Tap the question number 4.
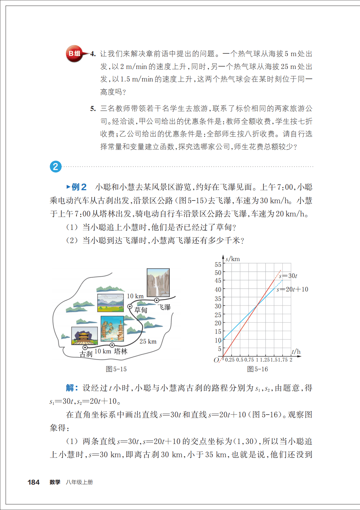coord(93,54)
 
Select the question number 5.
coord(93,109)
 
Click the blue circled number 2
coord(56,166)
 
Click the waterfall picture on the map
coord(158,282)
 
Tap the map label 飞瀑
coord(165,307)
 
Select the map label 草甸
coord(141,310)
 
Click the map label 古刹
coord(86,354)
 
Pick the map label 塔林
coord(121,351)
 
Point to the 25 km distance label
coord(148,342)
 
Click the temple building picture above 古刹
coord(84,335)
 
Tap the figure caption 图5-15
coord(116,369)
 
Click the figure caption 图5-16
coord(257,369)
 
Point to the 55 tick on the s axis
coord(218,264)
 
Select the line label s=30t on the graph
coord(288,276)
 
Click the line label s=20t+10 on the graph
coord(292,289)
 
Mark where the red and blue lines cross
coord(257,305)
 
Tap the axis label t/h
coord(296,352)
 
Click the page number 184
coord(33,482)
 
